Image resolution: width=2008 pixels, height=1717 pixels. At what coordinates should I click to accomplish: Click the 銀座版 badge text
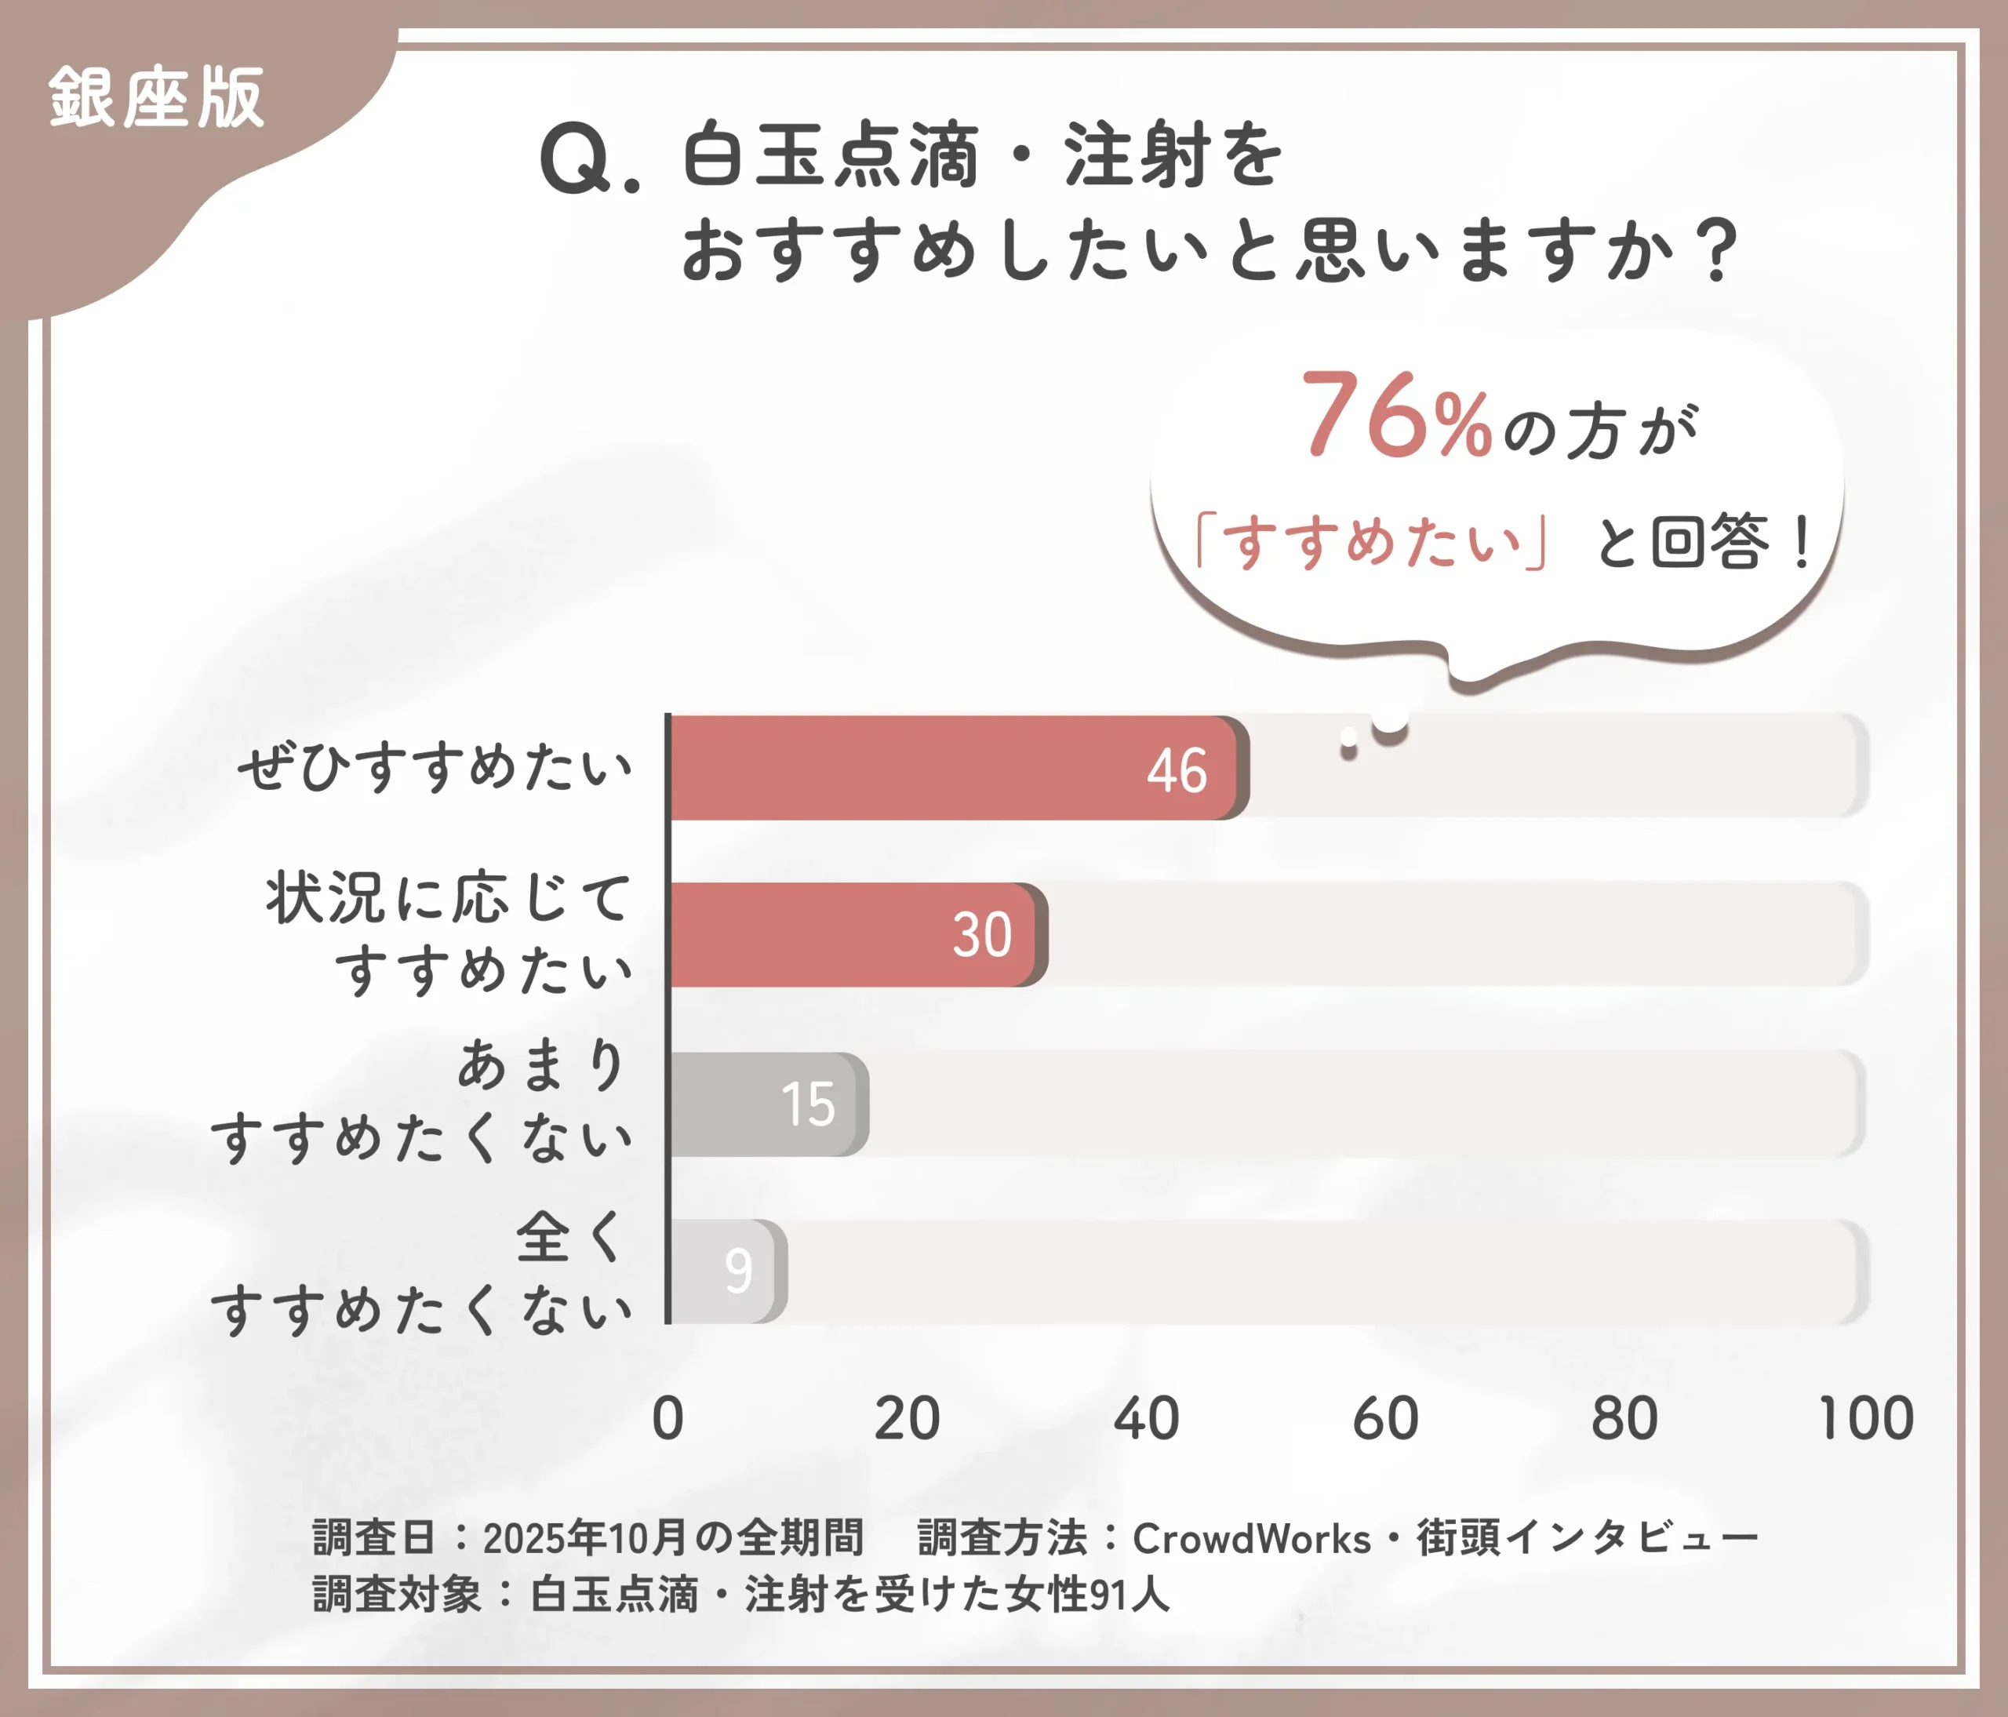pos(156,98)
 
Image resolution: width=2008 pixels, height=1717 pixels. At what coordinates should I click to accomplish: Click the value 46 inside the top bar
pos(1177,771)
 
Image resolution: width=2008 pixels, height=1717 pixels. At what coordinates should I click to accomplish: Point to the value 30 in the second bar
pos(982,935)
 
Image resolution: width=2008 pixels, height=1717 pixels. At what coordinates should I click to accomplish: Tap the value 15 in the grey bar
pos(807,1104)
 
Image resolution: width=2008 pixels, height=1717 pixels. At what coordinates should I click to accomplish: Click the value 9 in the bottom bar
pos(738,1271)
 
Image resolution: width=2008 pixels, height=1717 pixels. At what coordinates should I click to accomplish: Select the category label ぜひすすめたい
pos(435,769)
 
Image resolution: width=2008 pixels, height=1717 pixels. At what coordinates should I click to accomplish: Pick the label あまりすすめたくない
pos(423,1102)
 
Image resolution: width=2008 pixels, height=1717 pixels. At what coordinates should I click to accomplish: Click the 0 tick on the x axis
pos(668,1419)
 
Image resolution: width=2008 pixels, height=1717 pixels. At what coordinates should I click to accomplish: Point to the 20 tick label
pos(906,1419)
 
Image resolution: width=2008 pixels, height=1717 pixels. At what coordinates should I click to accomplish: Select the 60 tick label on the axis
pos(1385,1419)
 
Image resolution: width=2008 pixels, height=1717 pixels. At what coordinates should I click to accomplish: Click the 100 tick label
pos(1865,1419)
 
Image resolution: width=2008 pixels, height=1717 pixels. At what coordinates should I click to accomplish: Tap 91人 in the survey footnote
pos(1129,1595)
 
